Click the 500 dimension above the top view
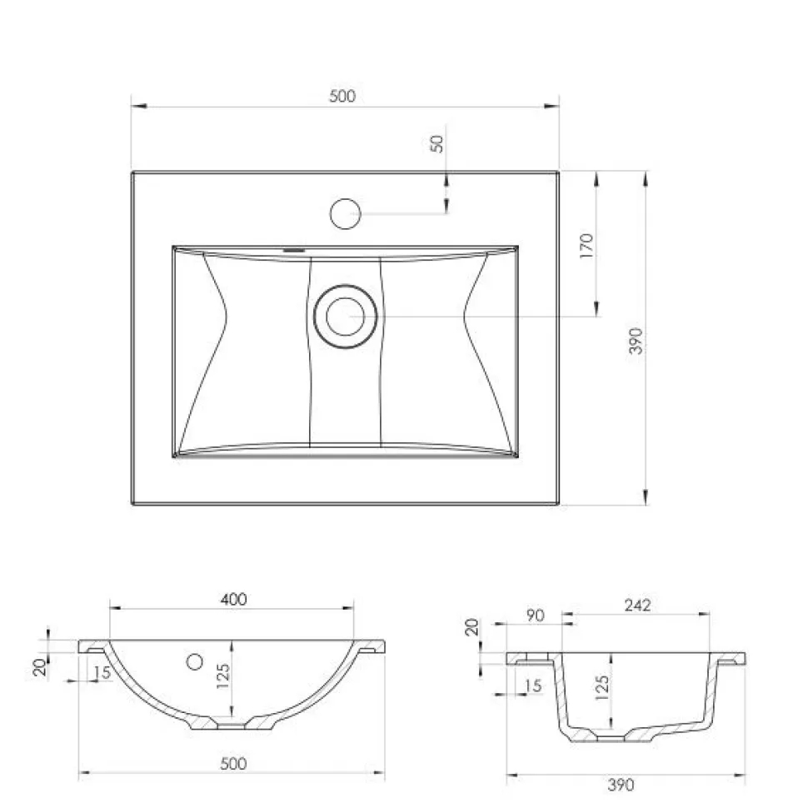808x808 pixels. tap(342, 96)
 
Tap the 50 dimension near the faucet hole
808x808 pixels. tap(436, 143)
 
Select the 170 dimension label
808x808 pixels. tap(586, 245)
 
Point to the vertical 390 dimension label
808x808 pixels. tap(636, 341)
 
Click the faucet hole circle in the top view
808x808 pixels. tap(345, 213)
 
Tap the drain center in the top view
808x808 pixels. tap(345, 317)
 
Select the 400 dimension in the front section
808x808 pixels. tap(233, 599)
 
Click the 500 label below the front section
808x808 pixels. tap(233, 763)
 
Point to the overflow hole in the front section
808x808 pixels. tap(195, 661)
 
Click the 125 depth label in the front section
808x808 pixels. tap(222, 676)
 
